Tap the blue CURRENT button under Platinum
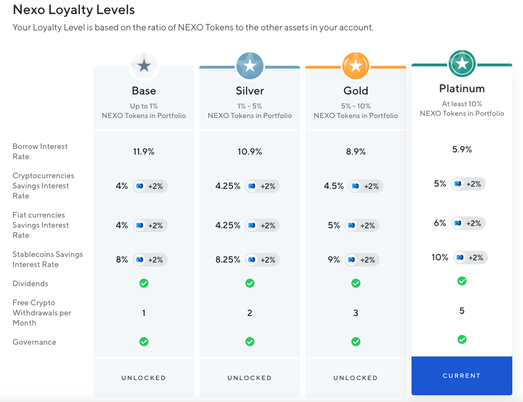(x=462, y=376)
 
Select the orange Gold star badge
(x=356, y=66)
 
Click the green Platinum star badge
(x=462, y=64)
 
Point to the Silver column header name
(x=249, y=91)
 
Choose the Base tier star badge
(x=144, y=66)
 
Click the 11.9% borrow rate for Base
(x=144, y=151)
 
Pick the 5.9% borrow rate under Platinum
(x=462, y=149)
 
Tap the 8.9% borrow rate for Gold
(x=356, y=151)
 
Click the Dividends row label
(x=30, y=283)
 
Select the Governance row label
(x=34, y=342)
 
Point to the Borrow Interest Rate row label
(x=40, y=151)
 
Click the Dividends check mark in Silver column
(x=249, y=283)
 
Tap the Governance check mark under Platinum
(x=462, y=340)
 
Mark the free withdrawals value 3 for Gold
(x=356, y=313)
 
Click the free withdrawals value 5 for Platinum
(x=462, y=310)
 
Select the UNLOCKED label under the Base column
(x=144, y=378)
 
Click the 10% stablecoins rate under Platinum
(x=440, y=257)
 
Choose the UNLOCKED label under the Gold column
(x=356, y=378)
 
